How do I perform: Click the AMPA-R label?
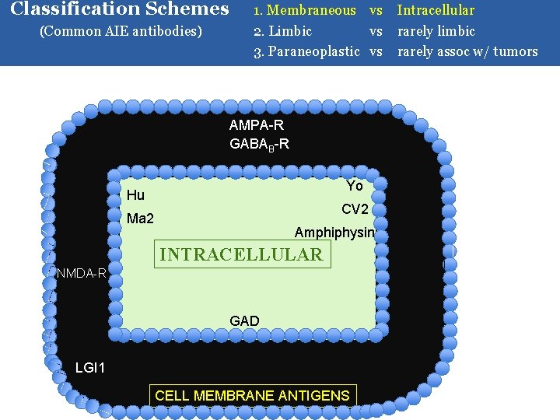tap(257, 125)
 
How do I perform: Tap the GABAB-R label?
tap(259, 144)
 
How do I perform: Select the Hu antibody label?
tap(135, 194)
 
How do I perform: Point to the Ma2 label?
tap(140, 219)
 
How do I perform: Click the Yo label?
tap(354, 186)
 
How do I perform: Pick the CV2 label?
tap(355, 209)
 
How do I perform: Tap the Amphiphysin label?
tap(334, 233)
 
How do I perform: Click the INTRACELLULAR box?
tap(240, 254)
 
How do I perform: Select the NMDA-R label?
tap(81, 273)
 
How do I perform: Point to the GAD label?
tap(244, 320)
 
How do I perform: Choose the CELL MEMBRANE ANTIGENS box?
tap(252, 395)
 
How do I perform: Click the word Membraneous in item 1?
tap(312, 10)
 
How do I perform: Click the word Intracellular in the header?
tap(436, 10)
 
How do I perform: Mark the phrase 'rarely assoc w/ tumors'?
tap(467, 51)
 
